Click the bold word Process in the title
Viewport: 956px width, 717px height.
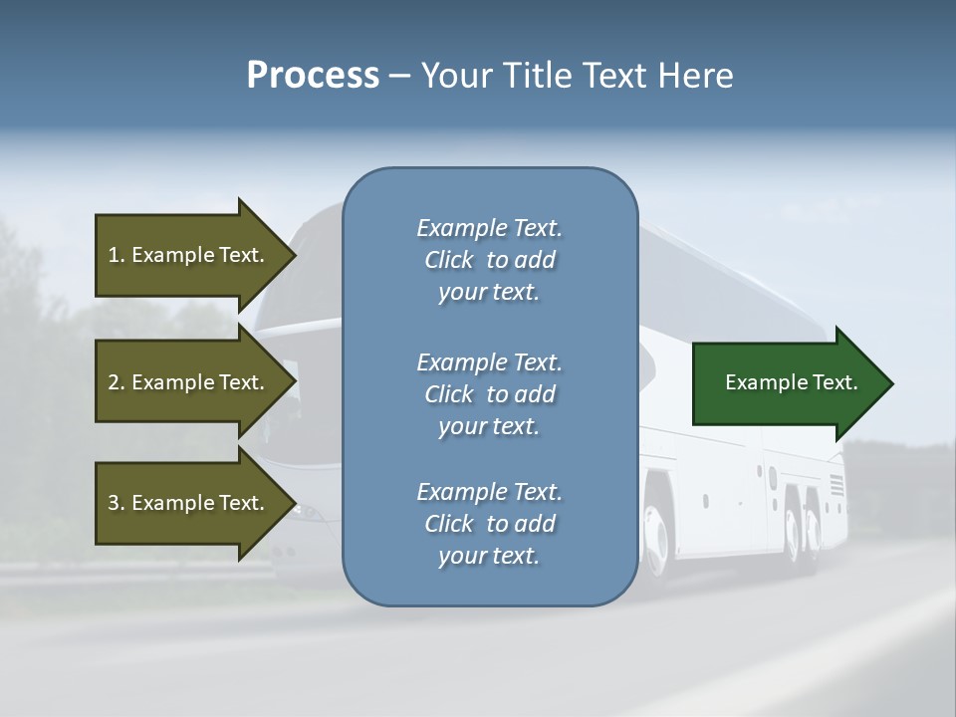pos(313,77)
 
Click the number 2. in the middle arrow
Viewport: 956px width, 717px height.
pos(116,382)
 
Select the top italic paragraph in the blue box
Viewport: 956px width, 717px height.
pos(489,260)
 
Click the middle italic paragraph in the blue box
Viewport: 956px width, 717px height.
pos(489,394)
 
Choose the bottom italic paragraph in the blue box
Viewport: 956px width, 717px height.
pos(489,524)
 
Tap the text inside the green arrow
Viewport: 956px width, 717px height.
pos(791,382)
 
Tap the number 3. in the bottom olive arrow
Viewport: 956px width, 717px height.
pos(116,503)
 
